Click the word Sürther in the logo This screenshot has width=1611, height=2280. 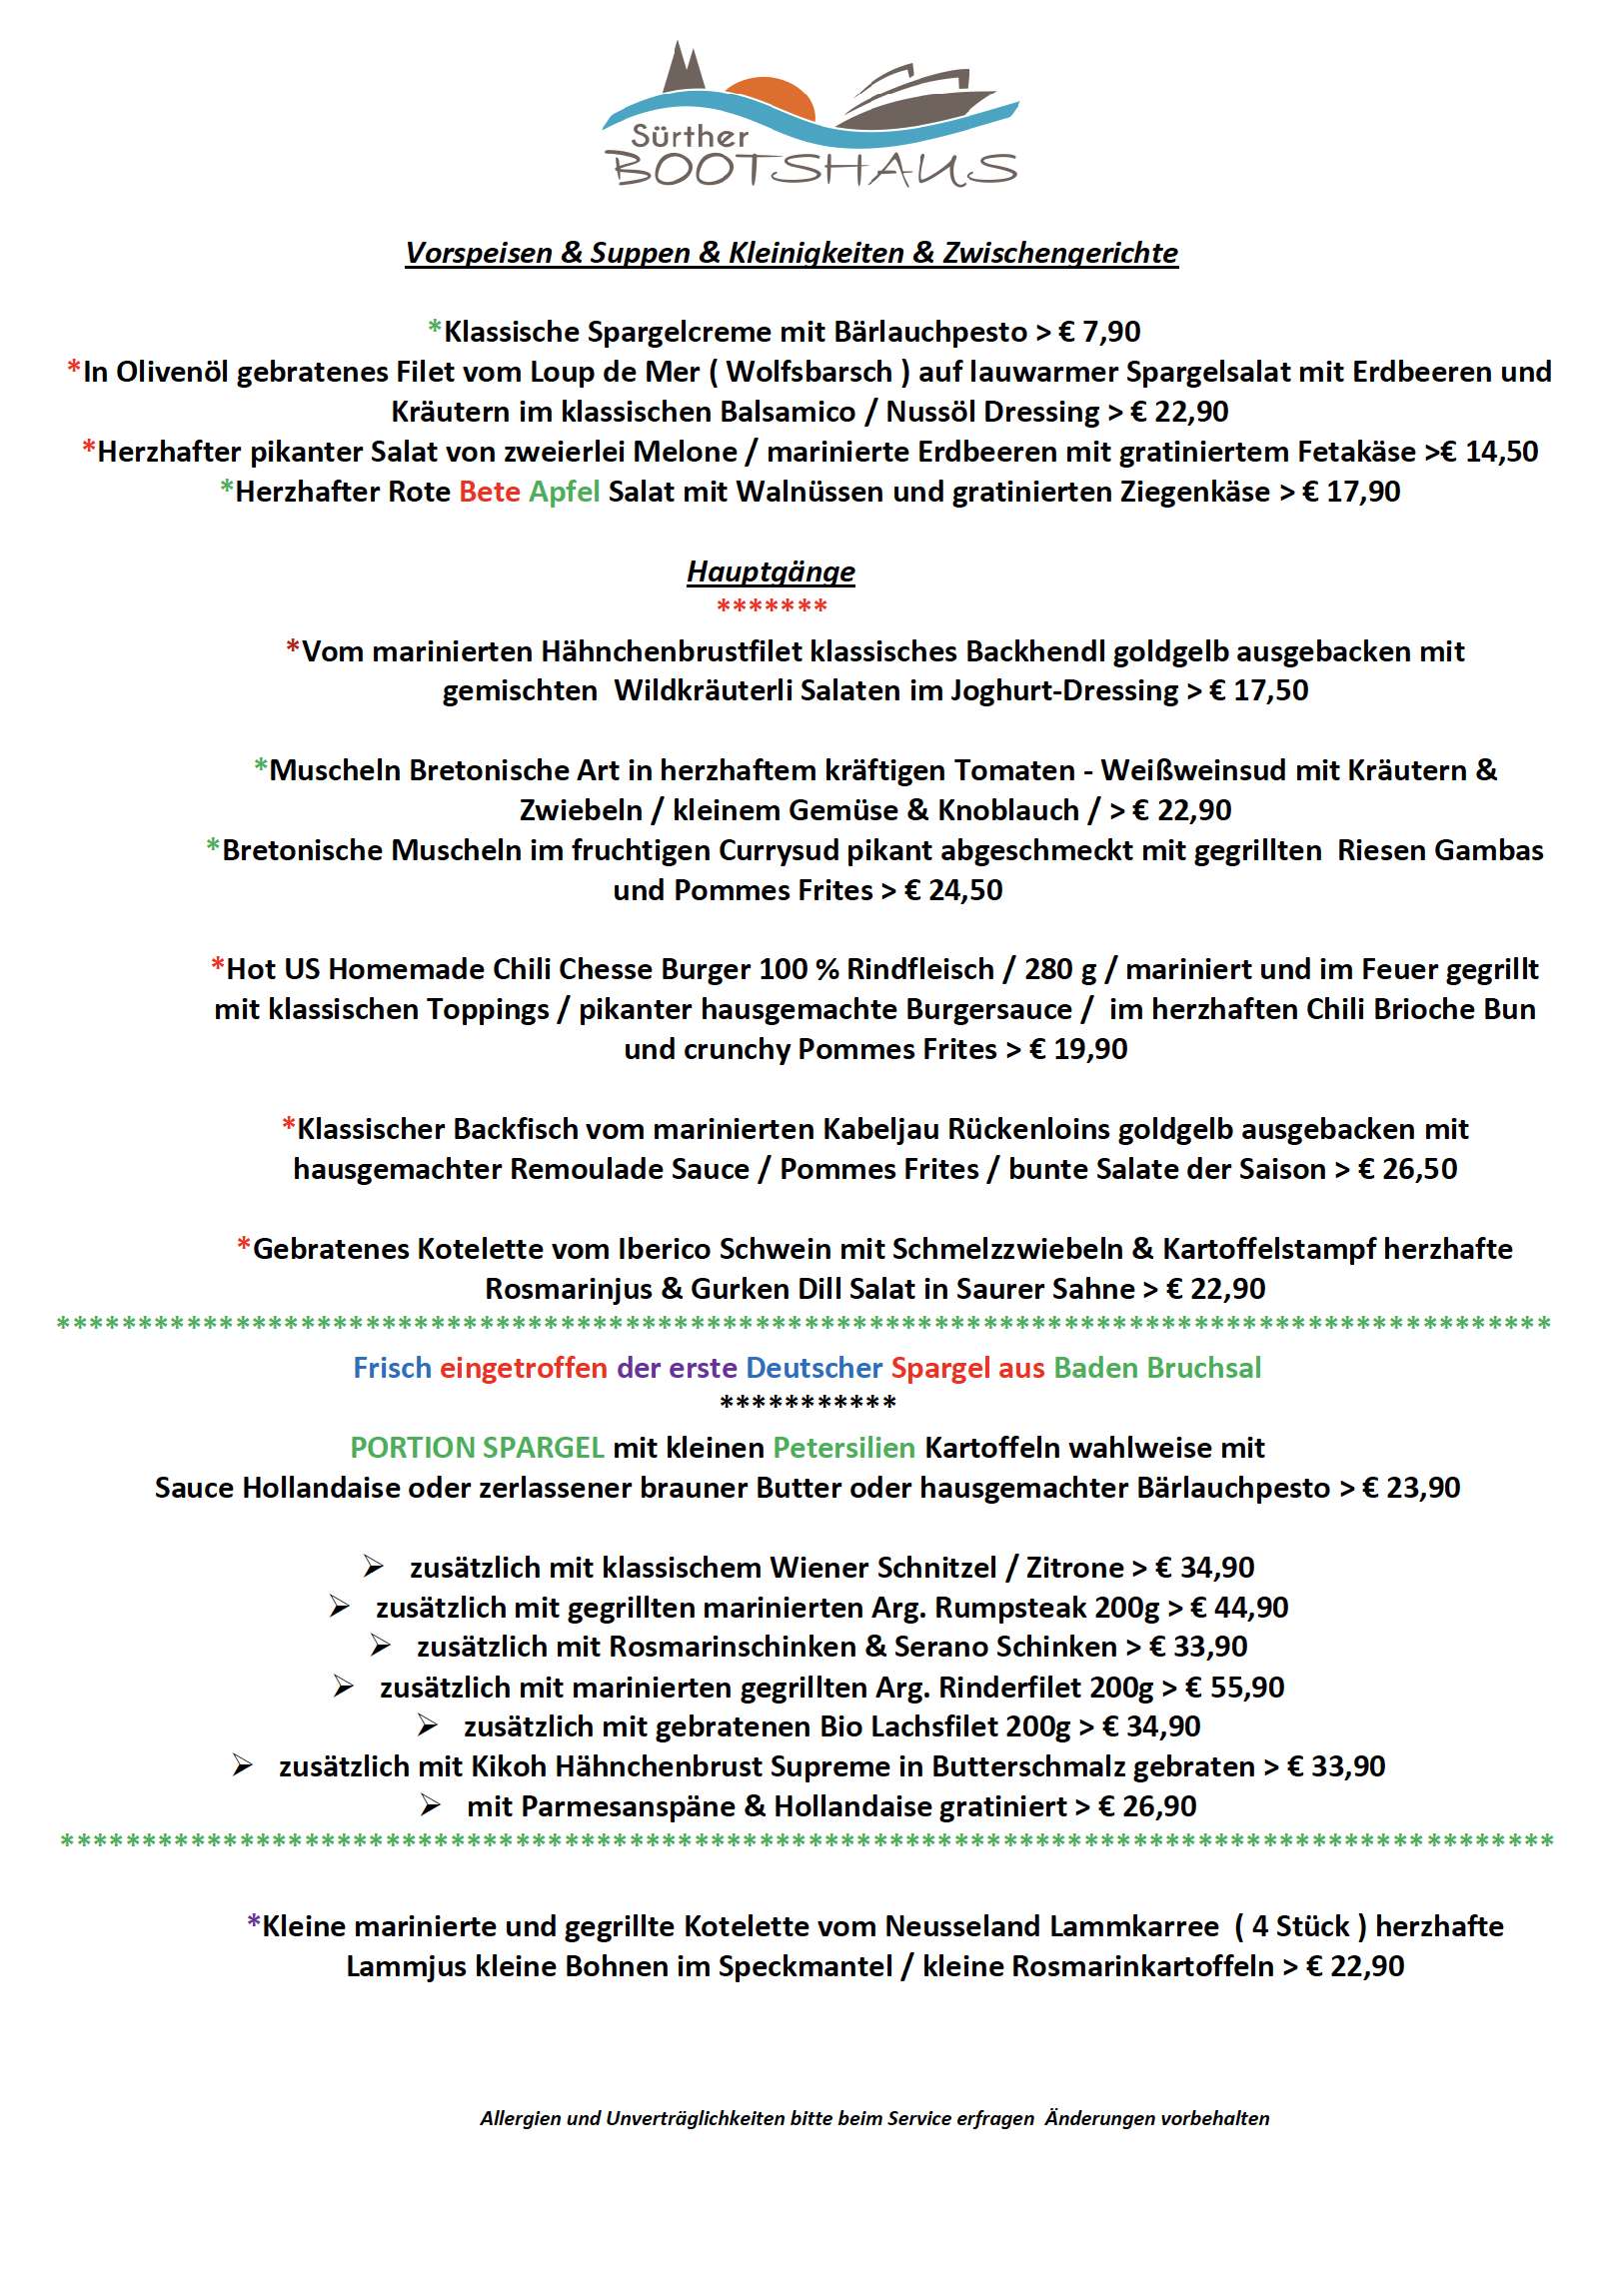690,137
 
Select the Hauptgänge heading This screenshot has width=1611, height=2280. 771,571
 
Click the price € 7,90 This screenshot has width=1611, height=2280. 1099,332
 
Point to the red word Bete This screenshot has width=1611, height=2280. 490,492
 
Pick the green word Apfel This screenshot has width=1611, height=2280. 565,492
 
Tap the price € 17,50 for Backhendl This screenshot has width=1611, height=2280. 1258,690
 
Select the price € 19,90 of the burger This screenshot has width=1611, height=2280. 1078,1049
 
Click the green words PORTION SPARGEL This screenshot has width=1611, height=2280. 477,1448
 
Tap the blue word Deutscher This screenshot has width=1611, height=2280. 814,1368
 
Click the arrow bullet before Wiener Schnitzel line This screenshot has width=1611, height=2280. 373,1567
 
